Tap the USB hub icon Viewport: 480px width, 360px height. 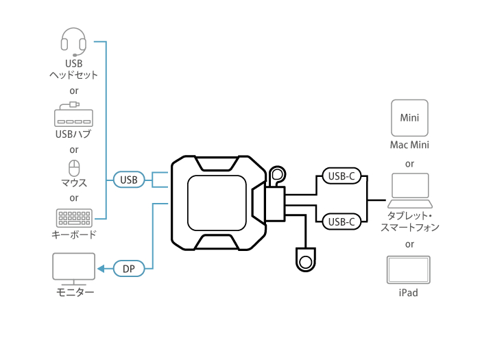tap(73, 115)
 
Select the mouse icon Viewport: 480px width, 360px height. tap(74, 167)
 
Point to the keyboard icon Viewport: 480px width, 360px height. tap(74, 218)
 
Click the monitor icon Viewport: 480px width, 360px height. tap(74, 268)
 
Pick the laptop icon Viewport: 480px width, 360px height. tap(409, 191)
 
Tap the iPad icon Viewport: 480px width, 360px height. tap(409, 269)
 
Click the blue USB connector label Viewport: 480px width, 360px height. tap(128, 180)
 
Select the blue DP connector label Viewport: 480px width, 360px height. tap(128, 269)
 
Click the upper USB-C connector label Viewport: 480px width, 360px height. tap(341, 176)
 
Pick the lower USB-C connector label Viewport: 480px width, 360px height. tap(341, 221)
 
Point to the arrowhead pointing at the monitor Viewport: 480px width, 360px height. tap(100, 269)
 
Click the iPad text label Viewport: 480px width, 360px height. tap(409, 293)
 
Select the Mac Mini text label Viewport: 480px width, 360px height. tap(409, 145)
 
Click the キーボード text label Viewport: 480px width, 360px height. tap(74, 235)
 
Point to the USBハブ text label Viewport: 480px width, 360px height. tap(73, 133)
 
